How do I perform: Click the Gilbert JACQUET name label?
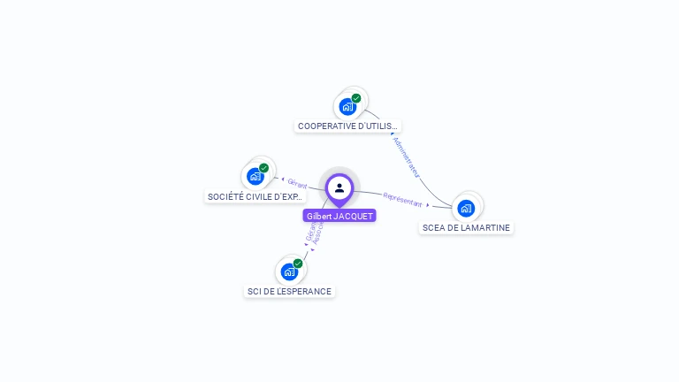coord(339,216)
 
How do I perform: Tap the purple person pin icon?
coord(339,187)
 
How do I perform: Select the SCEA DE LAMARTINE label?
coord(466,228)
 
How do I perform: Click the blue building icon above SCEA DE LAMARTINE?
coord(466,208)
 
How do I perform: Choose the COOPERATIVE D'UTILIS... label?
coord(348,126)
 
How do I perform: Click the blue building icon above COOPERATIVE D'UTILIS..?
coord(347,106)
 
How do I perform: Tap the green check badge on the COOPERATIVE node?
coord(356,98)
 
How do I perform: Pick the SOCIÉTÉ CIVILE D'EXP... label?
coord(256,196)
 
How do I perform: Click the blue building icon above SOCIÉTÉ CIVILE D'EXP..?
coord(256,176)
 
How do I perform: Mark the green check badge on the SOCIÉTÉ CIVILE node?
coord(263,168)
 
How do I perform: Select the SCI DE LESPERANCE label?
coord(289,292)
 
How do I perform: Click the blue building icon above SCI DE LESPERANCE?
coord(289,271)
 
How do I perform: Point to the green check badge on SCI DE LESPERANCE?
coord(298,264)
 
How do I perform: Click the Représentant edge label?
coord(403,199)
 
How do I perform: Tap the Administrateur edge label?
coord(407,157)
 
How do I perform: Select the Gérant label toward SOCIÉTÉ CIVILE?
coord(297,182)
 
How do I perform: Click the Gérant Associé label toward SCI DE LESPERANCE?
coord(314,232)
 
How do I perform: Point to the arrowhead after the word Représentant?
coord(428,204)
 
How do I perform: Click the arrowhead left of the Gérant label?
coord(282,180)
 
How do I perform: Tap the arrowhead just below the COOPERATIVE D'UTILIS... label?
coord(392,134)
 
